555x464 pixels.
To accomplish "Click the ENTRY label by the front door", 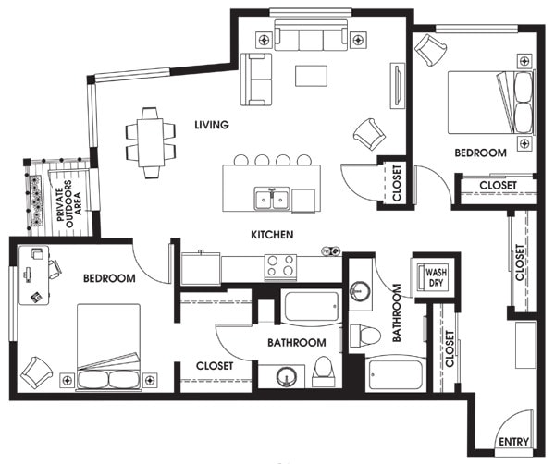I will pos(514,443).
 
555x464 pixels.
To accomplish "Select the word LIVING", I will pos(212,125).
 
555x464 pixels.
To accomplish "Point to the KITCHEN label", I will pos(272,236).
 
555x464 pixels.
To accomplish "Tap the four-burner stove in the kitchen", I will pos(281,266).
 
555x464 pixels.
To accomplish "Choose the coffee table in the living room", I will pos(311,74).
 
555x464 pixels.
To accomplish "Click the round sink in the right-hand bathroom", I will pos(361,290).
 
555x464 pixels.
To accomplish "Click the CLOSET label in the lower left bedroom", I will pos(214,366).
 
